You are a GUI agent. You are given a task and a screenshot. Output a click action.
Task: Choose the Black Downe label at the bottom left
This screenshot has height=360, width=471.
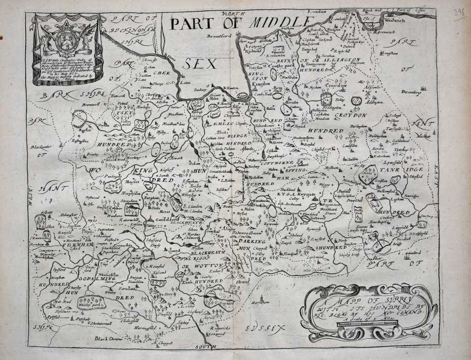pyautogui.click(x=107, y=339)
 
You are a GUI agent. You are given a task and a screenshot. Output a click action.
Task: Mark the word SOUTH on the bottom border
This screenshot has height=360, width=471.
pyautogui.click(x=204, y=348)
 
